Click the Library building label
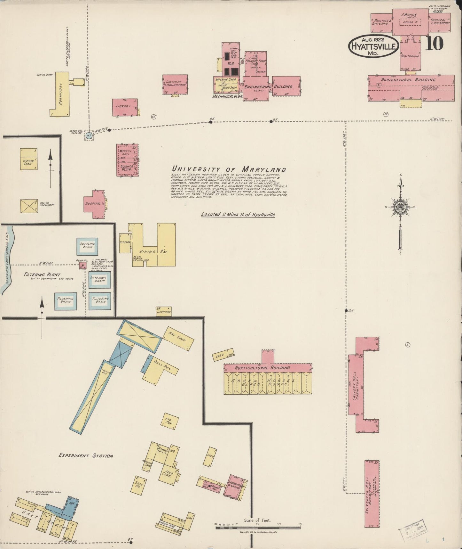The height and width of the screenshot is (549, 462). tap(123, 106)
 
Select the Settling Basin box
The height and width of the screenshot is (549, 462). tap(87, 246)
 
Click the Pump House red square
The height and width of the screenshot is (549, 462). tap(83, 266)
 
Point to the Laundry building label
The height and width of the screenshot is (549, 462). tap(164, 312)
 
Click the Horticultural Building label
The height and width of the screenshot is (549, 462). tap(262, 368)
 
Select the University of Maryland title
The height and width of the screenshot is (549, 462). tap(229, 169)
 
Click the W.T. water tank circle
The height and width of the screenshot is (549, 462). tap(89, 135)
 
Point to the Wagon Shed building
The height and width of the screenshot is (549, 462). tap(28, 159)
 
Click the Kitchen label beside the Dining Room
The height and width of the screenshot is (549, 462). tap(125, 242)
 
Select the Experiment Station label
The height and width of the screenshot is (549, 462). tap(86, 455)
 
